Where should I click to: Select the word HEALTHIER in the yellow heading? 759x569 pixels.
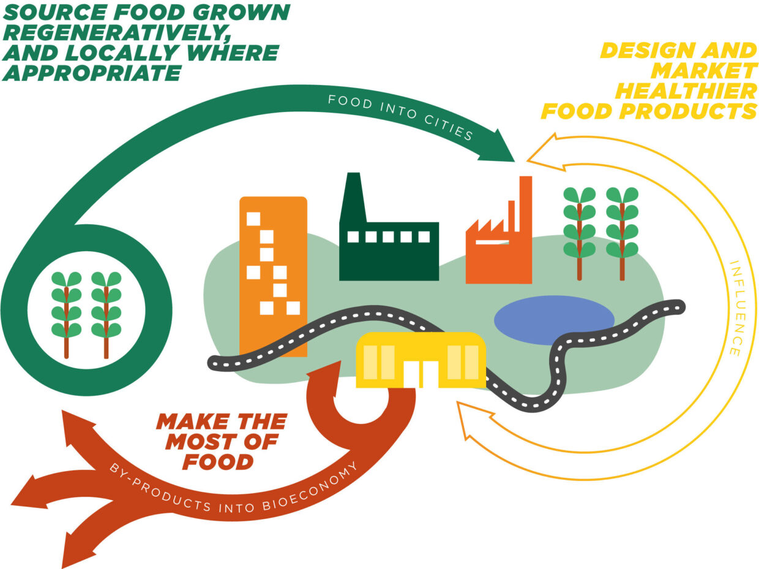[x=686, y=91]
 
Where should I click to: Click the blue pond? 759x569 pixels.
[x=554, y=320]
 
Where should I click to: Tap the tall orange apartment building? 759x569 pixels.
[x=273, y=276]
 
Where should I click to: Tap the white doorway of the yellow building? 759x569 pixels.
[x=421, y=374]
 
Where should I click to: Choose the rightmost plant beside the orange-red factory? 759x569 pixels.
[x=622, y=233]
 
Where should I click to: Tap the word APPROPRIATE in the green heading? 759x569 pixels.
[x=91, y=73]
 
